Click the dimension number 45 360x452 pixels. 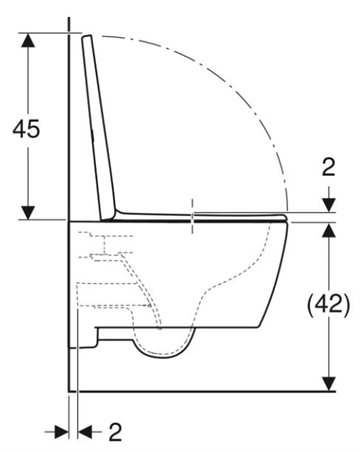(x=26, y=129)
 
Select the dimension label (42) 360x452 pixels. (x=329, y=305)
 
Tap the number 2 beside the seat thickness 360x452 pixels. (x=329, y=167)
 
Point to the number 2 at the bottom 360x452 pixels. (x=116, y=432)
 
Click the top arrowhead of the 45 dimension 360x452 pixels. (x=28, y=40)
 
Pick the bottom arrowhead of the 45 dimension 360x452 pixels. (x=28, y=213)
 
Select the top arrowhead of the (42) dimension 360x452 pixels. (x=329, y=230)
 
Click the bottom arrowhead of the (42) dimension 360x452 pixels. (x=329, y=384)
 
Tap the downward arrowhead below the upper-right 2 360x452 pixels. (x=329, y=205)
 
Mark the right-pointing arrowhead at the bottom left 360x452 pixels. (x=61, y=432)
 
